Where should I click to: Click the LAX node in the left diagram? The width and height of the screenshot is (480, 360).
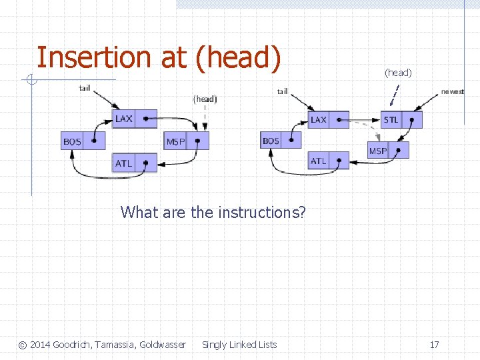click(x=134, y=119)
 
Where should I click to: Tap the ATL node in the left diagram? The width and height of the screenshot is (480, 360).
click(x=134, y=163)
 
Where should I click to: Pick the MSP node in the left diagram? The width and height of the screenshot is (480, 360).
click(x=186, y=141)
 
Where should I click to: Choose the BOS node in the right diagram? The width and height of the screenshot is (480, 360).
click(x=281, y=141)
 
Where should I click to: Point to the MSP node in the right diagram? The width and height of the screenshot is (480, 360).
click(x=387, y=151)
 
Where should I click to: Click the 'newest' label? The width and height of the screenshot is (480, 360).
click(x=453, y=91)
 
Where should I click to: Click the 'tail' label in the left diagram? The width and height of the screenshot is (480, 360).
click(x=85, y=87)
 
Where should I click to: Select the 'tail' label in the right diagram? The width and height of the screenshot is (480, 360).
click(x=283, y=91)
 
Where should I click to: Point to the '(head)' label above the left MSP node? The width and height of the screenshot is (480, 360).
click(x=205, y=99)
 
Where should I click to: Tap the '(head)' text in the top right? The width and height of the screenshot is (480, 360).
click(x=398, y=72)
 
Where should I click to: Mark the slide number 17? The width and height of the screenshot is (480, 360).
click(x=434, y=345)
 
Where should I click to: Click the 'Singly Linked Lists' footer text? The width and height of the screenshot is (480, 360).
click(x=239, y=345)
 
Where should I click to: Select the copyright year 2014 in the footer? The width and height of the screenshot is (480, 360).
click(x=41, y=345)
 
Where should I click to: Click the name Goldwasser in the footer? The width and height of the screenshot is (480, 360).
click(x=162, y=345)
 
